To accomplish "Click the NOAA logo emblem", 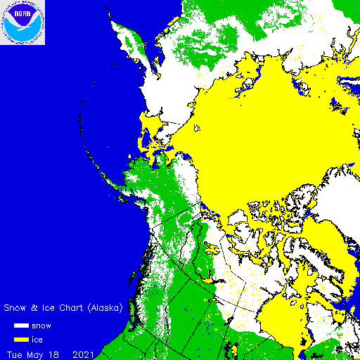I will pos(22,22).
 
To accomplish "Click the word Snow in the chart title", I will pos(17,308).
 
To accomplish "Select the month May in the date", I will pos(37,353).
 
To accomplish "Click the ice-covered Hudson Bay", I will pos(281,320).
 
